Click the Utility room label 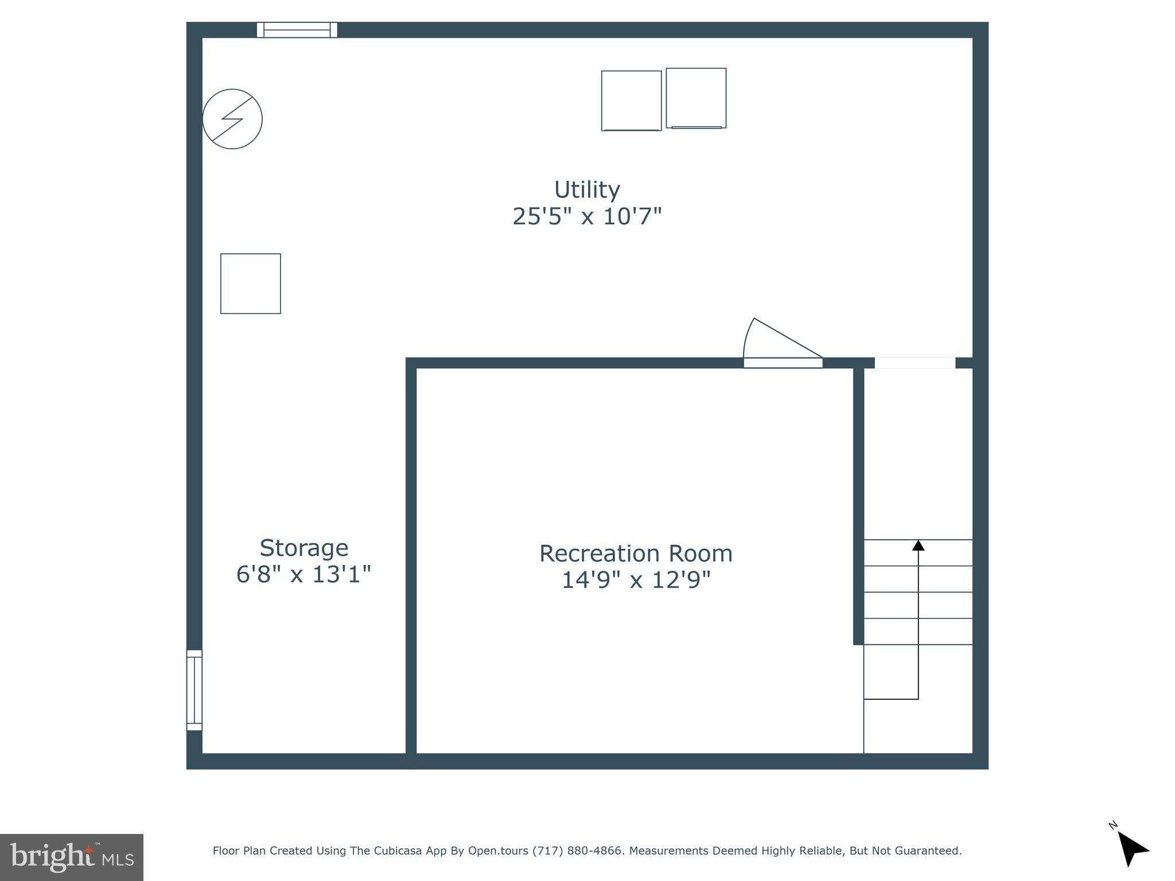click(x=587, y=190)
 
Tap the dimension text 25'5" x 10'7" click(x=587, y=217)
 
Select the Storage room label click(x=304, y=548)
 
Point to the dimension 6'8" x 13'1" click(x=304, y=574)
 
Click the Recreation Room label click(x=636, y=553)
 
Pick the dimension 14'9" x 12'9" click(x=636, y=580)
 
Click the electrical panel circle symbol click(x=232, y=119)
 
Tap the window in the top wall click(x=297, y=30)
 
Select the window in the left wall click(x=194, y=690)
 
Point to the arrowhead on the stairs click(x=918, y=545)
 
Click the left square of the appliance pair click(x=631, y=101)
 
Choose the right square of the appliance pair click(x=696, y=98)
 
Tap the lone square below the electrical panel click(x=251, y=283)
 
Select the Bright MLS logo click(x=72, y=857)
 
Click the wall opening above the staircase click(x=915, y=362)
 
